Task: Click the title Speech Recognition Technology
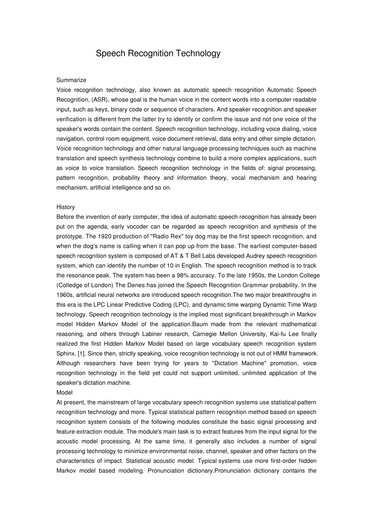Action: pyautogui.click(x=158, y=53)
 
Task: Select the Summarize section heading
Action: pyautogui.click(x=71, y=80)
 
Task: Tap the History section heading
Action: pyautogui.click(x=65, y=207)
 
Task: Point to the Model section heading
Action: pyautogui.click(x=64, y=393)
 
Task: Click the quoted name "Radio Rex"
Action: pyautogui.click(x=169, y=236)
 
